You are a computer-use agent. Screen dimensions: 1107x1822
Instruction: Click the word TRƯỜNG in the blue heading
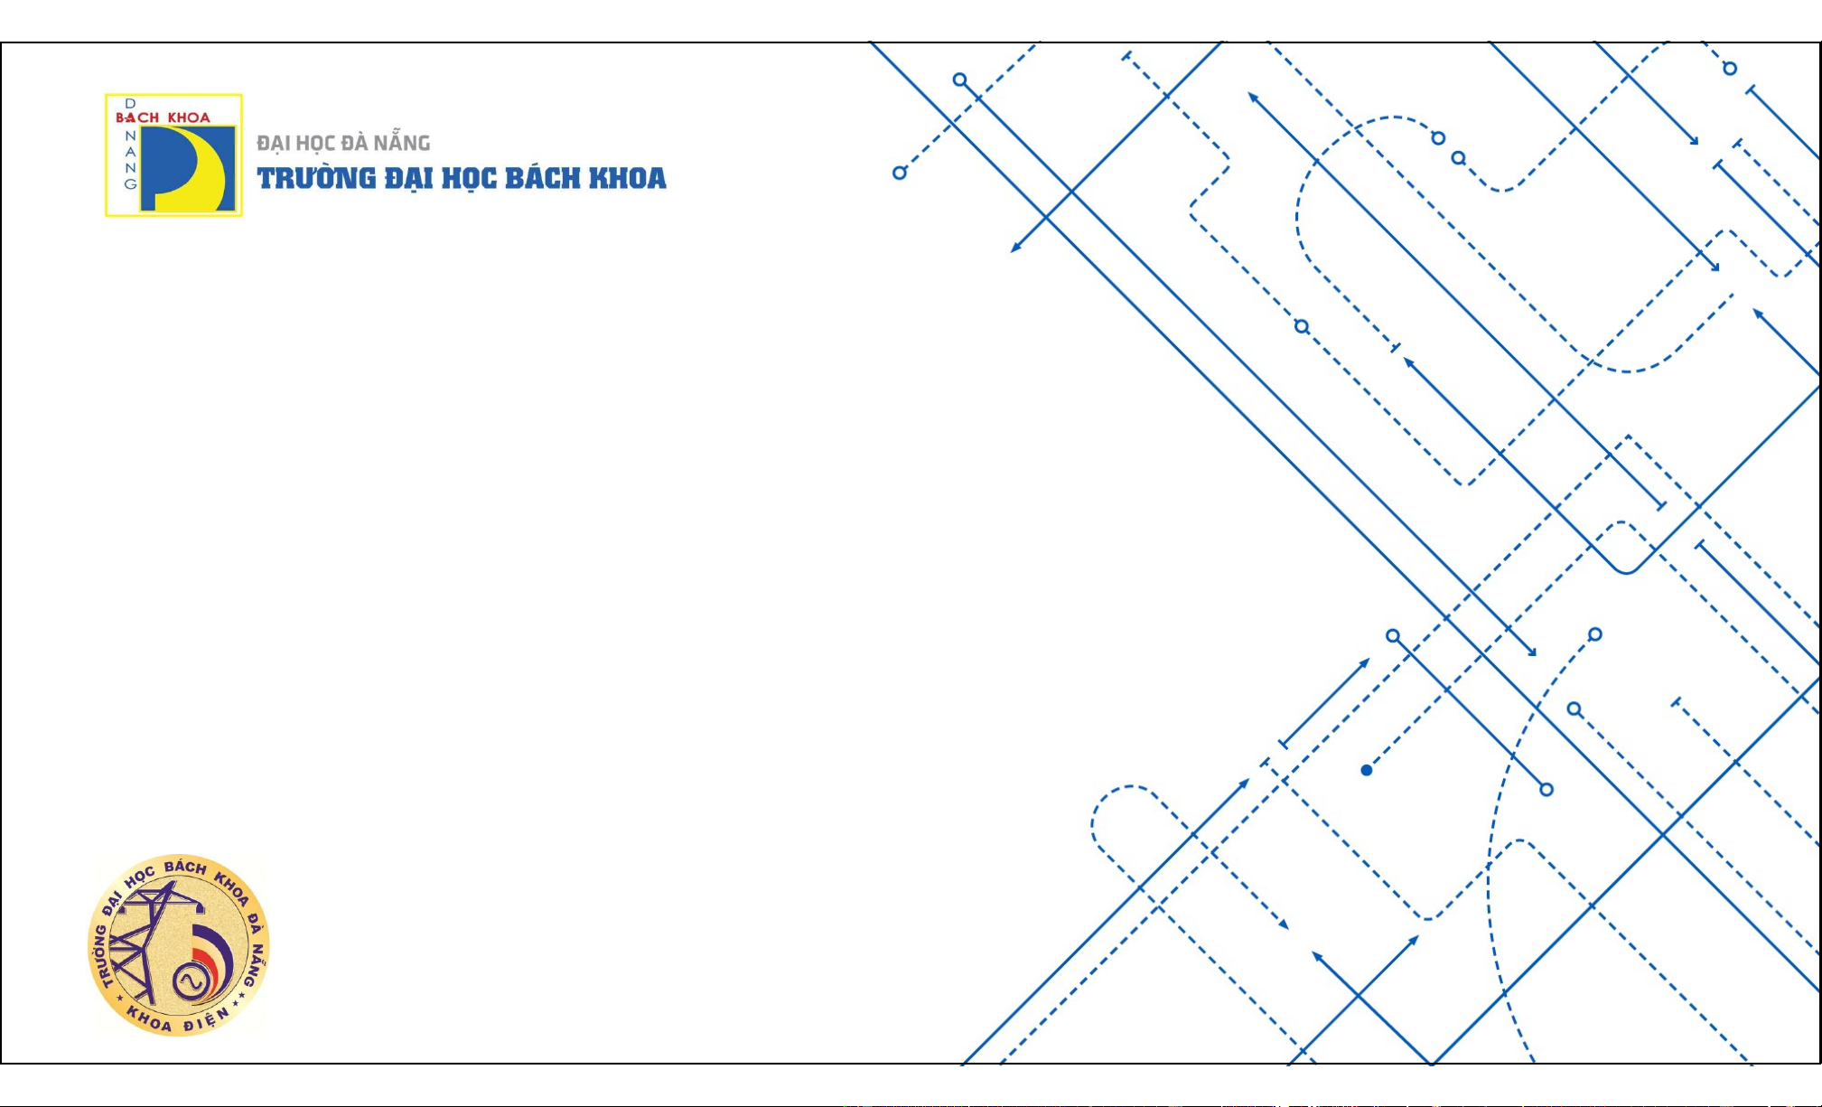coord(316,178)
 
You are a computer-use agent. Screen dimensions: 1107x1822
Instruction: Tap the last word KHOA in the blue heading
coord(628,178)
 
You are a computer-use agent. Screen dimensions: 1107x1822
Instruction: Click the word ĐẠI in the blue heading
coord(409,178)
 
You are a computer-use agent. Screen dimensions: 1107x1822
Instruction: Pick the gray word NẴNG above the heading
coord(402,142)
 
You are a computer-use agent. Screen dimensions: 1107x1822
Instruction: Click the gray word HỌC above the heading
coord(316,143)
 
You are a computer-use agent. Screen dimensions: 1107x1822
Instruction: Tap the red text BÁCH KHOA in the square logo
coord(163,117)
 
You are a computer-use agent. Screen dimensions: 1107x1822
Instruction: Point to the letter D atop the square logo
coord(130,104)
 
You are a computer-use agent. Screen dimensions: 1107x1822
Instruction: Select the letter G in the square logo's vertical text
coord(130,183)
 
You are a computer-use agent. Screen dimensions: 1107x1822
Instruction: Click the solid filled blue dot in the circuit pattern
coord(1367,770)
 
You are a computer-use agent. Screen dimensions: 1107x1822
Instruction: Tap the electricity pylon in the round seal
coord(145,940)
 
